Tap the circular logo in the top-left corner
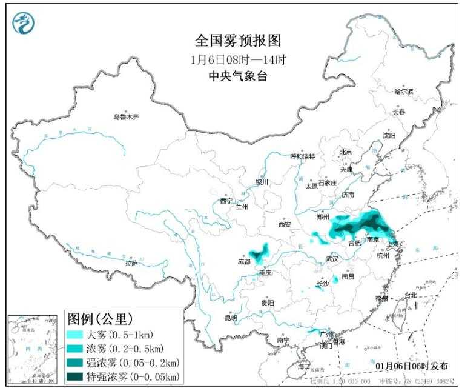pyautogui.click(x=24, y=22)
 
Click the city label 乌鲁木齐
pyautogui.click(x=126, y=117)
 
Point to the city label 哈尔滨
pyautogui.click(x=403, y=92)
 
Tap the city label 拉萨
pyautogui.click(x=131, y=263)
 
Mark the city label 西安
pyautogui.click(x=285, y=224)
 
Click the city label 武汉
pyautogui.click(x=332, y=258)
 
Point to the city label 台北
pyautogui.click(x=411, y=295)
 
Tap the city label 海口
pyautogui.click(x=303, y=367)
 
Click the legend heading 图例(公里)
pyautogui.click(x=100, y=318)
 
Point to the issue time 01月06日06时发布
pyautogui.click(x=412, y=366)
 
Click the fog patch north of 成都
pyautogui.click(x=259, y=251)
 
